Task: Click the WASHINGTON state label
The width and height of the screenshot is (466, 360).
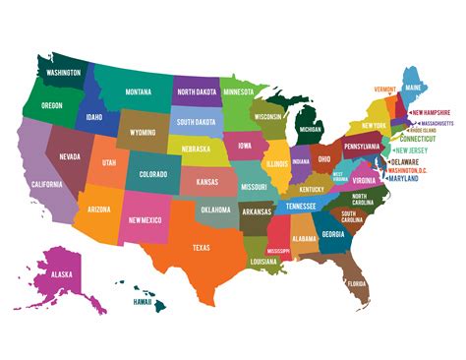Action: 63,72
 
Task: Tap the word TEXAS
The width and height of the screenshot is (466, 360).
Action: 202,246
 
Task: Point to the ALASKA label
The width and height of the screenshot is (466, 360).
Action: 64,275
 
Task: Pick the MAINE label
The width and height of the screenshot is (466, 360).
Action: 414,87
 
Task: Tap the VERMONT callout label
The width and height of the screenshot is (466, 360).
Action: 384,90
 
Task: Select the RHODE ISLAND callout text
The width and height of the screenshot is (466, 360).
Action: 429,129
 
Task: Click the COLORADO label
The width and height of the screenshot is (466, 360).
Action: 152,174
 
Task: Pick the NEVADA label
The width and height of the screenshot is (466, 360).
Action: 70,155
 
